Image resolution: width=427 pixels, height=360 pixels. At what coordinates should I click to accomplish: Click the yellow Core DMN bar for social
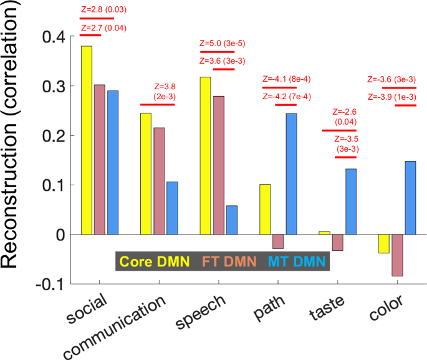click(x=87, y=140)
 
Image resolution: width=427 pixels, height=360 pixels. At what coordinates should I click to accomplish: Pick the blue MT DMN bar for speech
click(x=231, y=220)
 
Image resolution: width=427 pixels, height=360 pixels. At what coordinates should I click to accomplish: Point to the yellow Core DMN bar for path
click(x=264, y=210)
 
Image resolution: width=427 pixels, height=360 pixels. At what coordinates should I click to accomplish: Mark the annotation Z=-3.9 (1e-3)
click(x=391, y=97)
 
